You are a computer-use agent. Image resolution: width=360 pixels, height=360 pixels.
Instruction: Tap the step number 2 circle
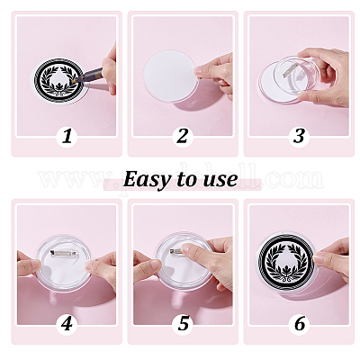pyautogui.click(x=182, y=136)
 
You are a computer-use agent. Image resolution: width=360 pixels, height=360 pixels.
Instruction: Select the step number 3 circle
pyautogui.click(x=298, y=136)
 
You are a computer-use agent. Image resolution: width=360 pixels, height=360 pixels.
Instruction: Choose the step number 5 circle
pyautogui.click(x=182, y=322)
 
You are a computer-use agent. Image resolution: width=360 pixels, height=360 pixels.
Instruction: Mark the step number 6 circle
pyautogui.click(x=298, y=322)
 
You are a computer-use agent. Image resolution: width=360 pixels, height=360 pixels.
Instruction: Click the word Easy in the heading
pyautogui.click(x=148, y=179)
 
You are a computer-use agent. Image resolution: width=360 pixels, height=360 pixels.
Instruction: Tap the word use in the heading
pyautogui.click(x=219, y=179)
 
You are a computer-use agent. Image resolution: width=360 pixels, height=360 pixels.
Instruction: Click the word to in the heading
pyautogui.click(x=186, y=179)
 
